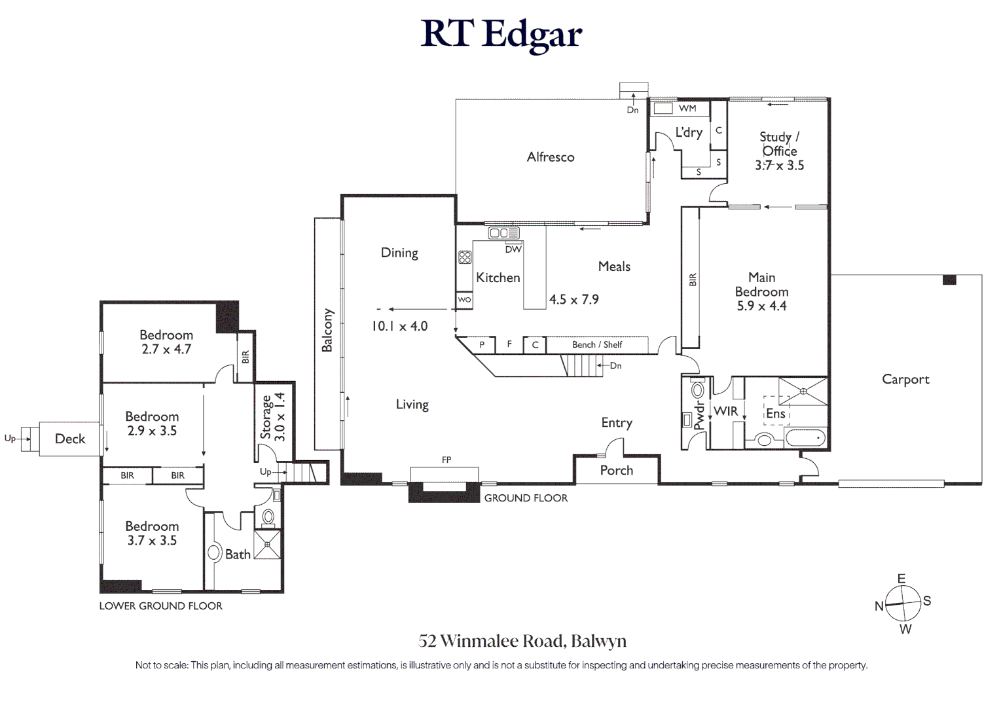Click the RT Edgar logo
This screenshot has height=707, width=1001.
(x=501, y=35)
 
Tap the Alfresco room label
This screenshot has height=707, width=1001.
(x=551, y=157)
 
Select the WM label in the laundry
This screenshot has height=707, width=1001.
(x=687, y=108)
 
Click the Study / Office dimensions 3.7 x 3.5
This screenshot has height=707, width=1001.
(x=779, y=166)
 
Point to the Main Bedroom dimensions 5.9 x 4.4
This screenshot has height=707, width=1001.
(x=761, y=306)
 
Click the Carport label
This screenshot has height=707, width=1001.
(x=905, y=380)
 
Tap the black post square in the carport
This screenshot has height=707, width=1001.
(x=949, y=280)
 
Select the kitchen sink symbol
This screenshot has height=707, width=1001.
(x=503, y=233)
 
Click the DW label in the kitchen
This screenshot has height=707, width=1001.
(x=513, y=249)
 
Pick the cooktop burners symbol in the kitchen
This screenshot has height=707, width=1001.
(x=465, y=257)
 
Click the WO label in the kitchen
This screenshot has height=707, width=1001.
(x=464, y=299)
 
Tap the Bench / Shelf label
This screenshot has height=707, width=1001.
(x=597, y=344)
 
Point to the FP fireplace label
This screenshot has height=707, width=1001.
(x=446, y=460)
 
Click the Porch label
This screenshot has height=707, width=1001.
(x=616, y=470)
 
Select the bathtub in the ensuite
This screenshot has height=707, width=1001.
(x=805, y=438)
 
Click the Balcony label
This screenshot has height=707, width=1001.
(x=327, y=330)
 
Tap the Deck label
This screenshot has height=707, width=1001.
(x=69, y=439)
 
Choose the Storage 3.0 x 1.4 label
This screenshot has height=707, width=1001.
(x=272, y=416)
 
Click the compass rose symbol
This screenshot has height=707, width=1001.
(x=903, y=604)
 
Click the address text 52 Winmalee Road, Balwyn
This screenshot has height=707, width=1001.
(x=522, y=642)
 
